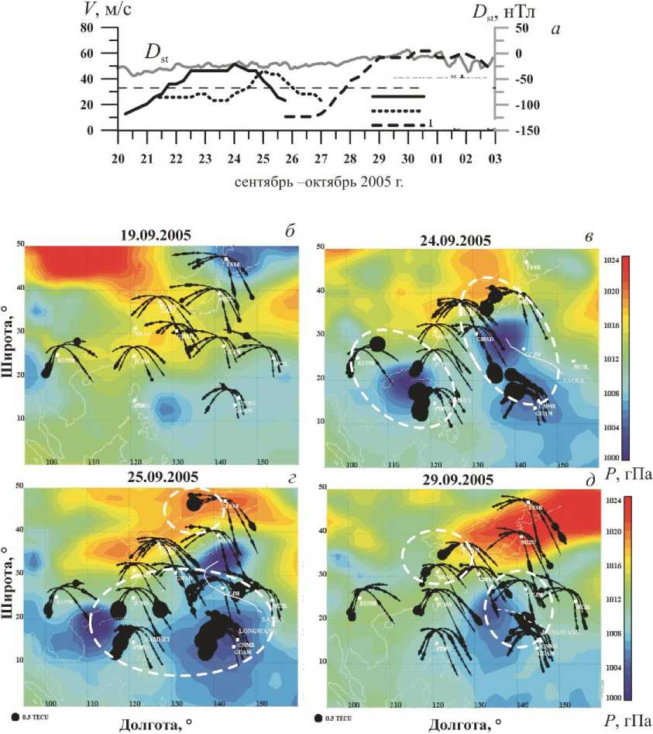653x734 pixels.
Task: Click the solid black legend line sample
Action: [x=397, y=96]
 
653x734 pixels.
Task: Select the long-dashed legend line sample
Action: [x=397, y=125]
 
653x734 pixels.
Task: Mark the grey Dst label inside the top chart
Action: [x=156, y=53]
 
